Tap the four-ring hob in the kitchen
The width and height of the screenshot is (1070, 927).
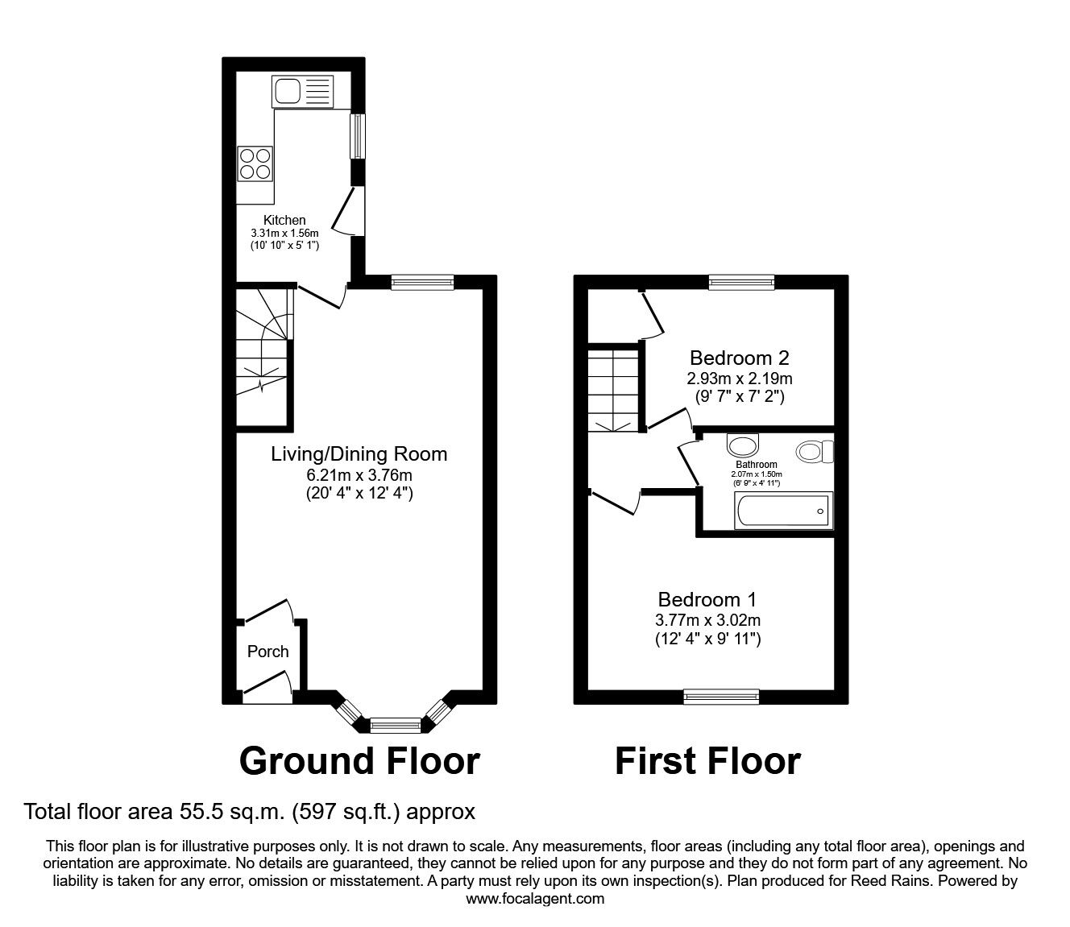255,163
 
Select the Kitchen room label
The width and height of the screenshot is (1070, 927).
284,220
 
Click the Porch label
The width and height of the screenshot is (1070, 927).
267,652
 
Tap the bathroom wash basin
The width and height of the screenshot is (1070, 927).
742,445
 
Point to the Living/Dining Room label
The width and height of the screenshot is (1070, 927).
359,453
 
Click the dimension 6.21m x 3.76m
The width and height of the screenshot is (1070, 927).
359,475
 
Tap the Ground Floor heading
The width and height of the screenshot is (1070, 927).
359,760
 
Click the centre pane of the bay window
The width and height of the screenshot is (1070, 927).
396,725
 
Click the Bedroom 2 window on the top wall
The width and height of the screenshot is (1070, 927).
741,281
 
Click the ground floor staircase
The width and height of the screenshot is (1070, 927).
262,354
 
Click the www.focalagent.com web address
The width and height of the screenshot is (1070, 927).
535,898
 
